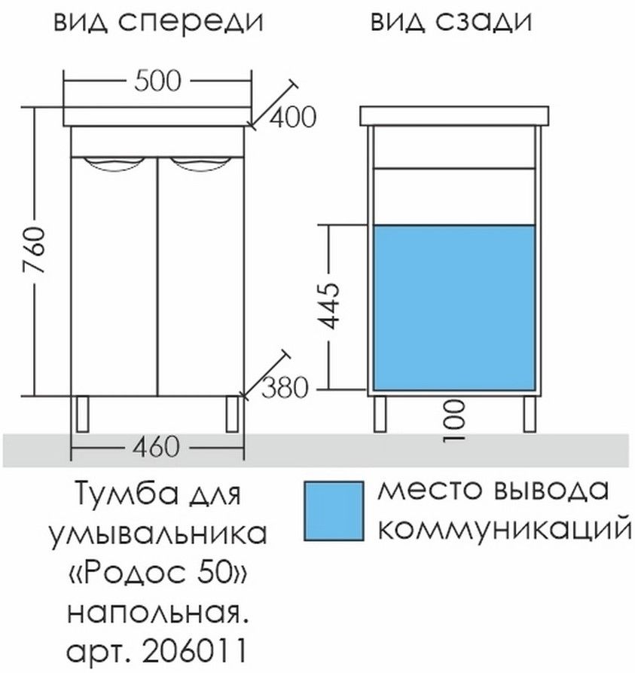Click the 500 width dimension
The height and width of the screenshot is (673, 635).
tap(157, 81)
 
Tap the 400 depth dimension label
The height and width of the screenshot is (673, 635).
tap(292, 117)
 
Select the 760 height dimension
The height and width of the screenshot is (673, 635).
tap(34, 251)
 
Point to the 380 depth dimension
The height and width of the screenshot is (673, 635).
tap(285, 388)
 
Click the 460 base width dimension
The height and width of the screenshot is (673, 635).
tap(155, 447)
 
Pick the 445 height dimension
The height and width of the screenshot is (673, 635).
tap(331, 305)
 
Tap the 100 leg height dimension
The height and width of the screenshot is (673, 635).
tap(455, 421)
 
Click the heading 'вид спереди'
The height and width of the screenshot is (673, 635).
tap(158, 22)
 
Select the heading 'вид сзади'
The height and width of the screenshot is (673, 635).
tap(451, 22)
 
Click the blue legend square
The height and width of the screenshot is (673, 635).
tap(334, 511)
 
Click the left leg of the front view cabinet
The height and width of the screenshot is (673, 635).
tap(82, 414)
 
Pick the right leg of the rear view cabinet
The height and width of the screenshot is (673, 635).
tap(530, 414)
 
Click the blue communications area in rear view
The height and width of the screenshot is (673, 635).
tap(454, 307)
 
